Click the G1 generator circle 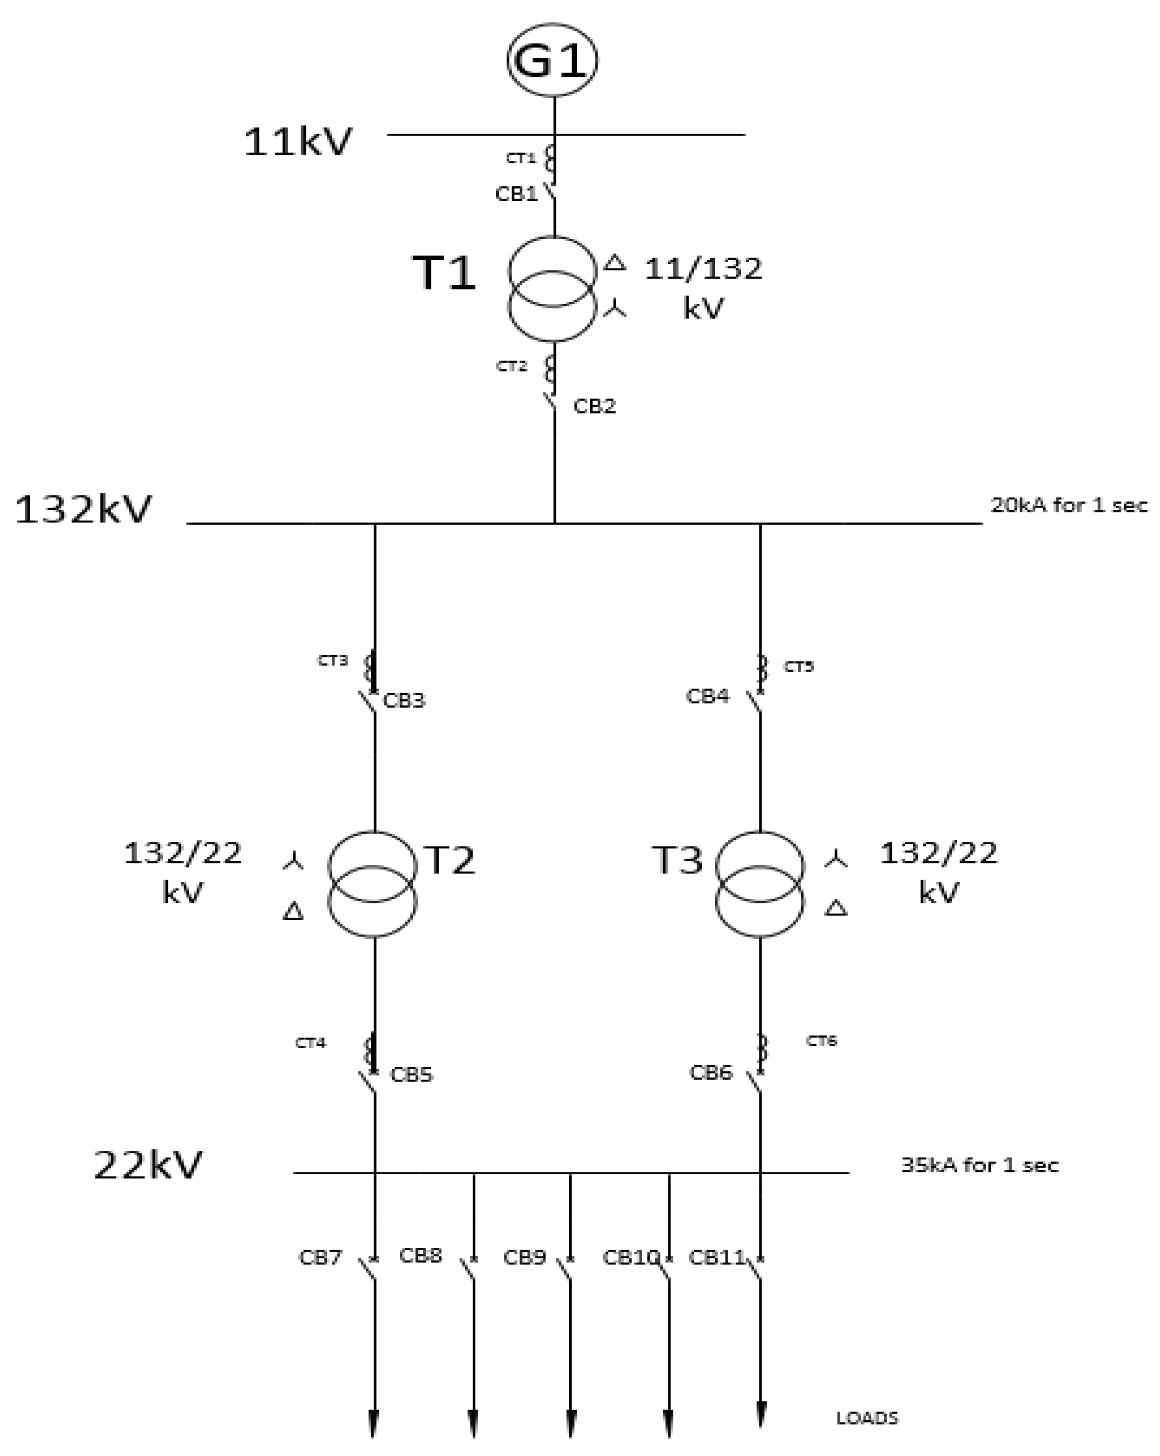[552, 60]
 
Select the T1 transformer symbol [552, 289]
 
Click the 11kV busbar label [298, 142]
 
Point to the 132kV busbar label [84, 509]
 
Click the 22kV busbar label [148, 1166]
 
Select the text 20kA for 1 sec [1068, 505]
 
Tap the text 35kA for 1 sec [979, 1166]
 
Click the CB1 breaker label [516, 194]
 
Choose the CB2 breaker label [595, 406]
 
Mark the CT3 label [333, 660]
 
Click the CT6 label [821, 1042]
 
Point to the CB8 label [420, 1255]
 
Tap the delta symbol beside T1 [614, 262]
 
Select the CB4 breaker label [708, 696]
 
